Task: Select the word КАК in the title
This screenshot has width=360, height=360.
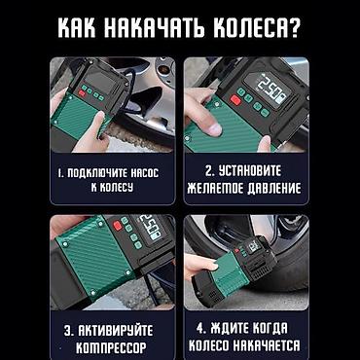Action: coord(79,29)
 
